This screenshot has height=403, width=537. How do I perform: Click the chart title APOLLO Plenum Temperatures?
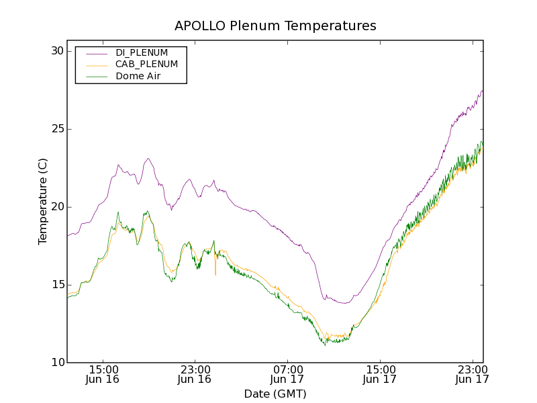(x=275, y=26)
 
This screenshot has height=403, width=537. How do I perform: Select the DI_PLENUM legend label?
(x=142, y=52)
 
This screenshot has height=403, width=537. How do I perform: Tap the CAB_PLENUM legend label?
(x=146, y=64)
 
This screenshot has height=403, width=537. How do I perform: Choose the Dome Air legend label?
(x=138, y=77)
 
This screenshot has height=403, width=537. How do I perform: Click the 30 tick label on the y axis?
(x=56, y=51)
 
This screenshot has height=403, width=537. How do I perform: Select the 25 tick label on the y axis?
(x=56, y=129)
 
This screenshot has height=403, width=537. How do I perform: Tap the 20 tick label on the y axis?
(x=56, y=207)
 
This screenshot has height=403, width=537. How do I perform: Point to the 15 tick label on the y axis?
(x=56, y=285)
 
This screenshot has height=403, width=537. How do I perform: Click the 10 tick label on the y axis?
(x=56, y=363)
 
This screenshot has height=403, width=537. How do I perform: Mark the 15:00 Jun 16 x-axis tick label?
(x=103, y=374)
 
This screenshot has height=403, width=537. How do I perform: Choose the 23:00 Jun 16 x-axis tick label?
(x=195, y=374)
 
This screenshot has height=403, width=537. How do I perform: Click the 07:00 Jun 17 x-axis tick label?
(x=287, y=374)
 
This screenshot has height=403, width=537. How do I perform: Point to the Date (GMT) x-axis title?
(x=275, y=394)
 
